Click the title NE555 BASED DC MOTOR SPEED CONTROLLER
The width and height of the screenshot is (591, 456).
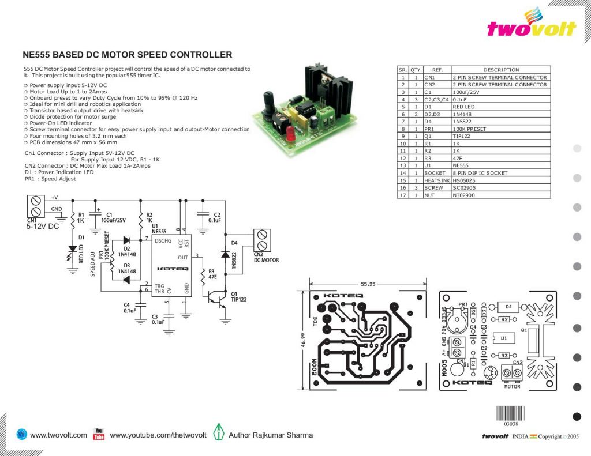[x=127, y=55]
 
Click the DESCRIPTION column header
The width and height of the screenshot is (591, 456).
[x=500, y=70]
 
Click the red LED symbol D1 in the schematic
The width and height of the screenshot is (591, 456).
[x=73, y=249]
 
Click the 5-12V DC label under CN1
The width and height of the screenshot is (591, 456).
[x=43, y=227]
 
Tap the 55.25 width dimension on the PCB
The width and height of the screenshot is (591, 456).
[x=368, y=284]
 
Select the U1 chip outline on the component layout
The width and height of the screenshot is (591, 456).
[x=503, y=338]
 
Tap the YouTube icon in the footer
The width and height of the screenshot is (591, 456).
[x=99, y=435]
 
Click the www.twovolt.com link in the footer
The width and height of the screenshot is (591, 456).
[x=58, y=435]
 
